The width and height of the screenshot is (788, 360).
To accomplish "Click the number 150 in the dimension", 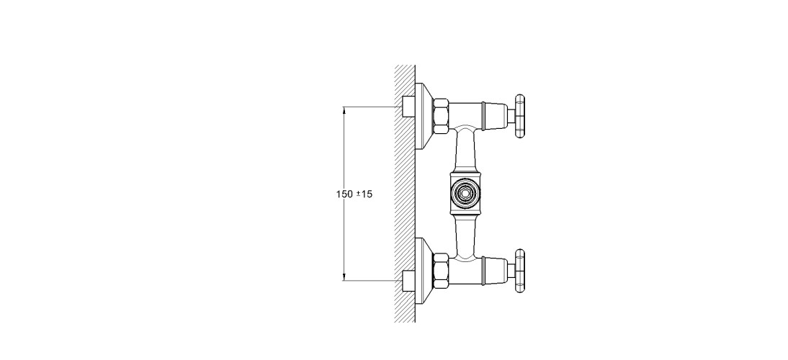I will coord(345,195).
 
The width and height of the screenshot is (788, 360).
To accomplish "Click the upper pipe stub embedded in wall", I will coord(408,108).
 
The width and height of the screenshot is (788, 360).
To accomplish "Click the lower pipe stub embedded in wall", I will coord(408,281).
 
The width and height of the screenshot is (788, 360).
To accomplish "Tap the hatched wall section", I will coord(405,194).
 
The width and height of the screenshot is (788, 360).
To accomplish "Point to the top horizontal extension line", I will coord(371,107).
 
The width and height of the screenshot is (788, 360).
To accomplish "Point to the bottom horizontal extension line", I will coord(371,281).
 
